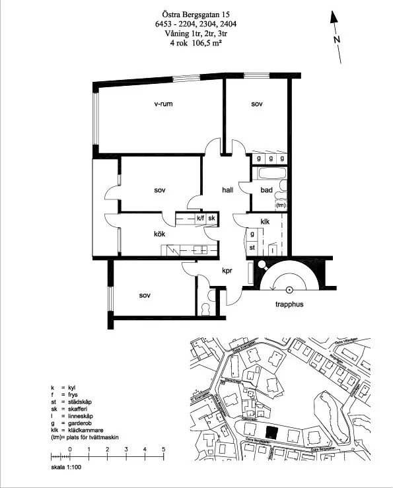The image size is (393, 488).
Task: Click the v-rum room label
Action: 164,104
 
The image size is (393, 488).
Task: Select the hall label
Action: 228,190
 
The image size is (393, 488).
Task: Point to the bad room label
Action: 266,190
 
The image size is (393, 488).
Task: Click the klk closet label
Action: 266,222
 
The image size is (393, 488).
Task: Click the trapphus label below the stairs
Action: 289,305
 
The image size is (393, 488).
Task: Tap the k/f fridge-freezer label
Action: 200,218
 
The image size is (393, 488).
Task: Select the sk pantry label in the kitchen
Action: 213,218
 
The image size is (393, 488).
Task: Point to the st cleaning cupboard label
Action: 252,247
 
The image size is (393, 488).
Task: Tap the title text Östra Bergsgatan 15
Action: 196,14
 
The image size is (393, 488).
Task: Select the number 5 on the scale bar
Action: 163,449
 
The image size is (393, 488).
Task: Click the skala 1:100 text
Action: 66,467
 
